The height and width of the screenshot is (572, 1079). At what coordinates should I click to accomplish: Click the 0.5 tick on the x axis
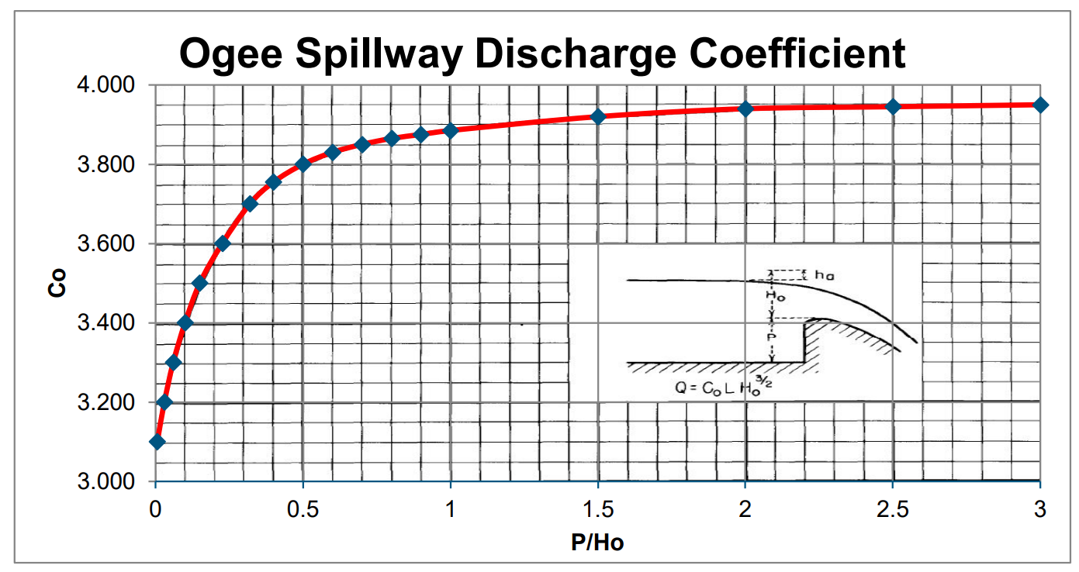coord(303,509)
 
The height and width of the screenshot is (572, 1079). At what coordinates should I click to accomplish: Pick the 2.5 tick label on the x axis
coord(893,509)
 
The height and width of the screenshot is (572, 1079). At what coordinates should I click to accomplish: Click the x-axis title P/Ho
coord(597,542)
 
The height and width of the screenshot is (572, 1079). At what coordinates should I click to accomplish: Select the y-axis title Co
coord(56,284)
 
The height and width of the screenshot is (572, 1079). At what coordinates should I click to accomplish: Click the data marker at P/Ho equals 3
coord(1040,105)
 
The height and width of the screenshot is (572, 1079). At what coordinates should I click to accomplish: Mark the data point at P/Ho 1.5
coord(598,116)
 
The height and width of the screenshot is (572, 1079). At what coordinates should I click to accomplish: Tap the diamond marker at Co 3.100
coord(157,442)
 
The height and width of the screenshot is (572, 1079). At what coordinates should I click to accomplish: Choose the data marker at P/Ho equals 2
coord(745,109)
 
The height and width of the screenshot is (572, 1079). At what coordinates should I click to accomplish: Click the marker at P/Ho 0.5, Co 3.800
coord(303,164)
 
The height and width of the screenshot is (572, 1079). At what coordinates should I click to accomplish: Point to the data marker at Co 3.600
coord(223,243)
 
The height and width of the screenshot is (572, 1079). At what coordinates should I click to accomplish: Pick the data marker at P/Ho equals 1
coord(451,130)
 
